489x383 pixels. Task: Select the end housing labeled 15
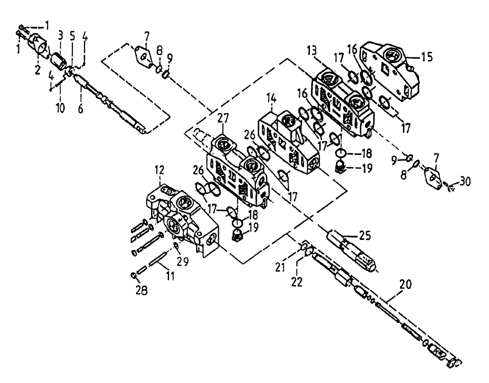tap(389, 72)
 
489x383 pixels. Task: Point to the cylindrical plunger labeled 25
tap(352, 249)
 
